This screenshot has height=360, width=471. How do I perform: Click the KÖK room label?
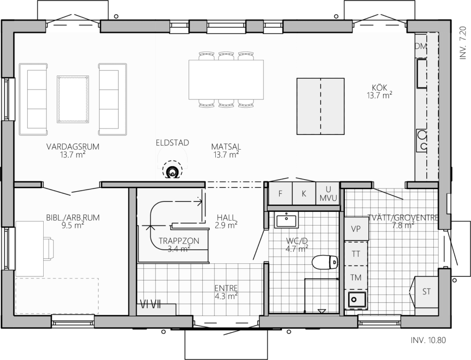[x=379, y=87]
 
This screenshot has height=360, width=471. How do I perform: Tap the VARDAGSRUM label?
[x=73, y=147]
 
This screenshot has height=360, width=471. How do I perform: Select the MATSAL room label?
[x=226, y=147]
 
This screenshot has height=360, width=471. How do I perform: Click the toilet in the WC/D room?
[x=325, y=262]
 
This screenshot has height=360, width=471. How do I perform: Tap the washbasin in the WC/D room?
[x=286, y=220]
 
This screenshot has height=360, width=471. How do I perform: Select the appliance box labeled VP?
[x=356, y=229]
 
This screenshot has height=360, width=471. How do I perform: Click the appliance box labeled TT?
[x=356, y=254]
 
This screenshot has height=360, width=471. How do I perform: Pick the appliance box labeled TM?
[x=356, y=277]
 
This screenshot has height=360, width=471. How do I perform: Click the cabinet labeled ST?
[x=426, y=291]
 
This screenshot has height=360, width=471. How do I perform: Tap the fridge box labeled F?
[x=280, y=193]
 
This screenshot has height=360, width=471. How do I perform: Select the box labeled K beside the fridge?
[x=304, y=193]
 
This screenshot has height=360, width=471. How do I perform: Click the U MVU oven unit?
[x=327, y=193]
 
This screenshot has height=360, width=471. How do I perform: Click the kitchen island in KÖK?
[x=321, y=106]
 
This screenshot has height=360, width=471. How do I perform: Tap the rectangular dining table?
[x=226, y=79]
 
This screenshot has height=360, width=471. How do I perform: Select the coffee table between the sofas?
[x=73, y=99]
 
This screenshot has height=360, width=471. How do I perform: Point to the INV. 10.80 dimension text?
[x=428, y=340]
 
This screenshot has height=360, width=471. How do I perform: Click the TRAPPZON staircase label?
[x=179, y=241]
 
